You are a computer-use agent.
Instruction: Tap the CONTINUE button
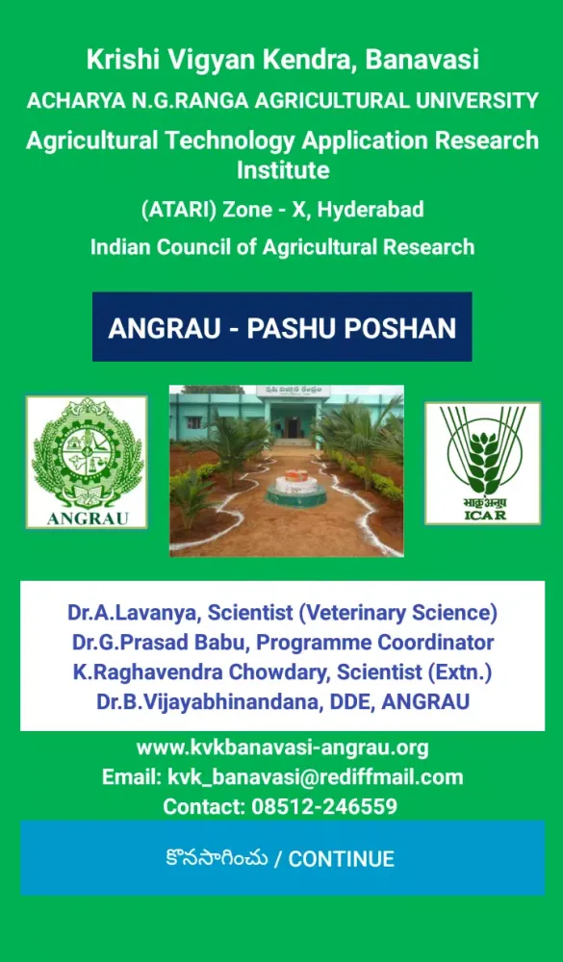(x=282, y=858)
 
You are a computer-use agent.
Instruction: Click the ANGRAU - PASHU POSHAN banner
(x=282, y=327)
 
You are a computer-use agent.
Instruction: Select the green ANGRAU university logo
(x=87, y=462)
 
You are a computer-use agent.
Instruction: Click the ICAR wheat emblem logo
(x=483, y=464)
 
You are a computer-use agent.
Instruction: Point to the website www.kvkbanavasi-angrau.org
(x=282, y=748)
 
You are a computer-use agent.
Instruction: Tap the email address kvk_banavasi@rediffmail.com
(x=315, y=777)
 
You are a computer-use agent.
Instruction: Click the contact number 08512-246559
(x=324, y=806)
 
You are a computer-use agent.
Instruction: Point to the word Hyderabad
(x=371, y=210)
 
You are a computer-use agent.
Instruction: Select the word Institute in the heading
(x=283, y=169)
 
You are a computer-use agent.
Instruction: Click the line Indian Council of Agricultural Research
(x=282, y=247)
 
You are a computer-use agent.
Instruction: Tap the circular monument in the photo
(x=295, y=489)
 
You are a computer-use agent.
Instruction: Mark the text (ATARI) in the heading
(x=179, y=210)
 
